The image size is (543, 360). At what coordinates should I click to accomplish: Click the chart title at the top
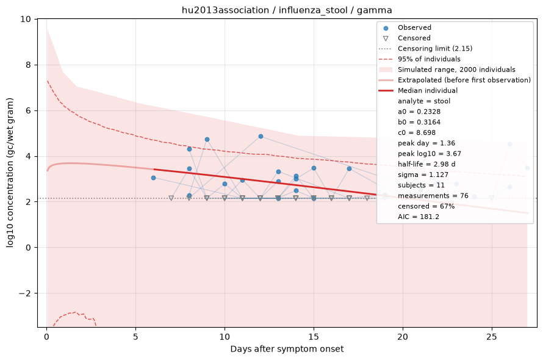pyautogui.click(x=287, y=10)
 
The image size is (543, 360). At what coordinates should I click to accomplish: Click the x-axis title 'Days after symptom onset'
pyautogui.click(x=287, y=349)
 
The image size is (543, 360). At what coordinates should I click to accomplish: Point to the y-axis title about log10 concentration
pyautogui.click(x=10, y=173)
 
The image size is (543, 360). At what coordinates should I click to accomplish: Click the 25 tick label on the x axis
pyautogui.click(x=491, y=337)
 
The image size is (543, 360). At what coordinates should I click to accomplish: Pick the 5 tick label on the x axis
pyautogui.click(x=135, y=337)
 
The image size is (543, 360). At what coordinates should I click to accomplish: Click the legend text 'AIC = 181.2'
pyautogui.click(x=419, y=217)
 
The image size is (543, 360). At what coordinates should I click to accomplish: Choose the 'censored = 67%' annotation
pyautogui.click(x=426, y=206)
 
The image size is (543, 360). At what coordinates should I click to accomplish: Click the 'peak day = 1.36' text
pyautogui.click(x=426, y=143)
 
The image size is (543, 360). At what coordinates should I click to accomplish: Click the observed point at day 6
pyautogui.click(x=153, y=178)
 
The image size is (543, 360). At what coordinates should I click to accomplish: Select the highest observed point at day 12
pyautogui.click(x=261, y=137)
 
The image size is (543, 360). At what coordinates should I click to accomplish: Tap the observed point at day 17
pyautogui.click(x=349, y=169)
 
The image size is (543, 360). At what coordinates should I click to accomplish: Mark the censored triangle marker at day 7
pyautogui.click(x=171, y=198)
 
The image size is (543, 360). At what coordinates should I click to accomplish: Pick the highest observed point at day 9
pyautogui.click(x=207, y=139)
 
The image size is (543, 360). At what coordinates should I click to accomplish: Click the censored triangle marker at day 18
pyautogui.click(x=367, y=198)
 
